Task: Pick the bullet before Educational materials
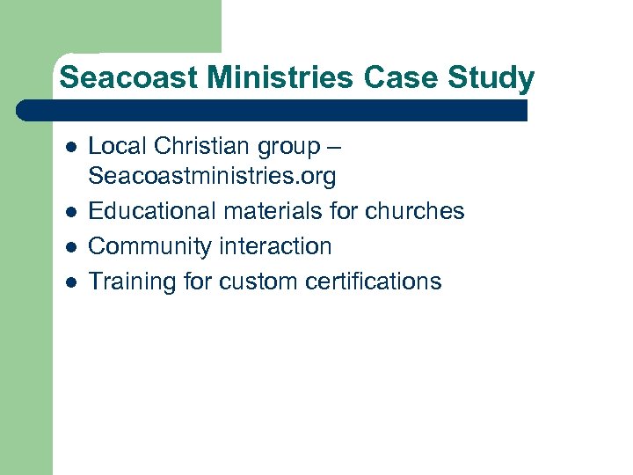[69, 212]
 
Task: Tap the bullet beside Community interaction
[69, 247]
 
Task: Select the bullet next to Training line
[69, 282]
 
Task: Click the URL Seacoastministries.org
[213, 176]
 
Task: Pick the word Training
[132, 281]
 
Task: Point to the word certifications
[376, 281]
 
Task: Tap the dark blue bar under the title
[273, 110]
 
